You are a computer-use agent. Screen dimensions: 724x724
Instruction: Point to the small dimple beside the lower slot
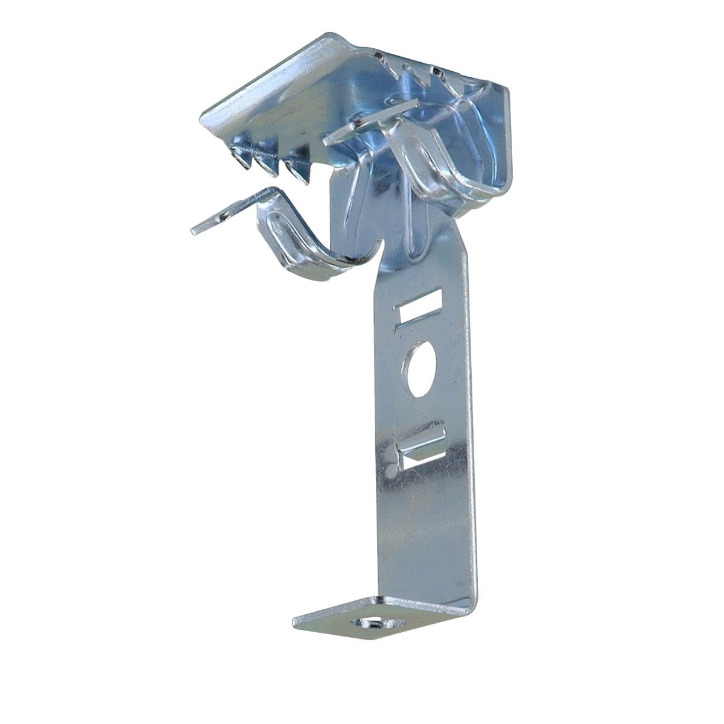(392, 468)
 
